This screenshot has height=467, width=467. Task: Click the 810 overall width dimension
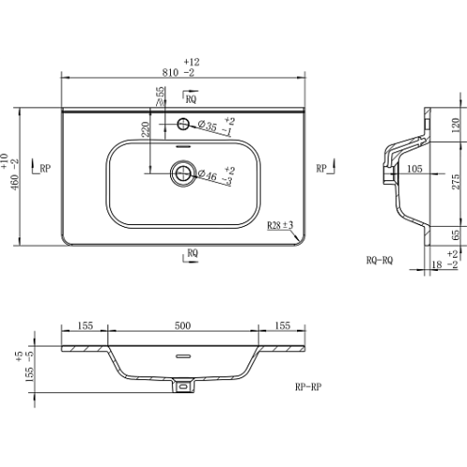pyautogui.click(x=170, y=73)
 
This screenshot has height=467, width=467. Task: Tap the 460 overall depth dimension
pyautogui.click(x=15, y=182)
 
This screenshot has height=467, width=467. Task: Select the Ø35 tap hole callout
pyautogui.click(x=207, y=126)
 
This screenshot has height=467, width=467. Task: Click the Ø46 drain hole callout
pyautogui.click(x=207, y=175)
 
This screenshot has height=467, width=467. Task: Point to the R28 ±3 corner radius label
pyautogui.click(x=280, y=225)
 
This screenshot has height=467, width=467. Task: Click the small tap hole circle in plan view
pyautogui.click(x=183, y=124)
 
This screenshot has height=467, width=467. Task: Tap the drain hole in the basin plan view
pyautogui.click(x=183, y=174)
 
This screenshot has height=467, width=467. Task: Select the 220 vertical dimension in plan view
pyautogui.click(x=146, y=130)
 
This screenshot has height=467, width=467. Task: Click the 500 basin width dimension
pyautogui.click(x=182, y=326)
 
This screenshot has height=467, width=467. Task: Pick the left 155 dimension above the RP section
pyautogui.click(x=85, y=326)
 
